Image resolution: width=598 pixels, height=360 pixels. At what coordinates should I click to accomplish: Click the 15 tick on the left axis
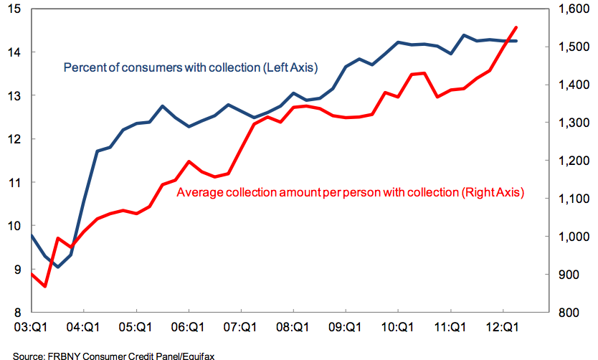click(x=14, y=9)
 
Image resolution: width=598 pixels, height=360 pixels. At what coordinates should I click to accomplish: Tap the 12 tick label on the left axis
click(x=14, y=139)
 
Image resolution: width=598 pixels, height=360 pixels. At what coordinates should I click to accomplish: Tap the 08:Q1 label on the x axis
click(x=293, y=327)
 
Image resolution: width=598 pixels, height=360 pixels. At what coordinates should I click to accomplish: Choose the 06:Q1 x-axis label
click(x=188, y=327)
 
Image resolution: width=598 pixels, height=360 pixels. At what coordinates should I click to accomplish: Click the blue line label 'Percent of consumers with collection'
click(x=191, y=68)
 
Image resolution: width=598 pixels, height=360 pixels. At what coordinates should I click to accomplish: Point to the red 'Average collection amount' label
click(x=351, y=192)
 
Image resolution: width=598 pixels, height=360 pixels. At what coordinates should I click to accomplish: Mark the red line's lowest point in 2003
click(x=45, y=286)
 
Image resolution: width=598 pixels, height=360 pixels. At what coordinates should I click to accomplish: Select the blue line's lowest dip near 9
click(x=58, y=267)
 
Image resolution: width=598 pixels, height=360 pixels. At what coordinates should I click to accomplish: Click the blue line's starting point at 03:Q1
click(x=32, y=235)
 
